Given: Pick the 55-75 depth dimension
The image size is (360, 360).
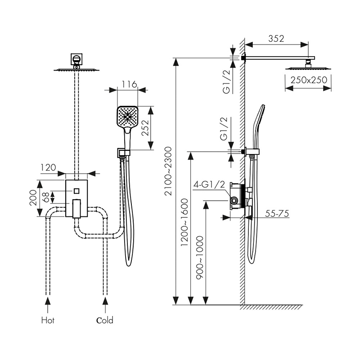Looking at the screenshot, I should click(x=277, y=214).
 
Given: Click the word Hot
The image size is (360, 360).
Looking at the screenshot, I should click(x=48, y=321).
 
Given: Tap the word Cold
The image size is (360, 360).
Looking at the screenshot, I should click(x=105, y=321).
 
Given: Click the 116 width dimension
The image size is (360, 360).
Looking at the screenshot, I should click(x=129, y=84).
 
